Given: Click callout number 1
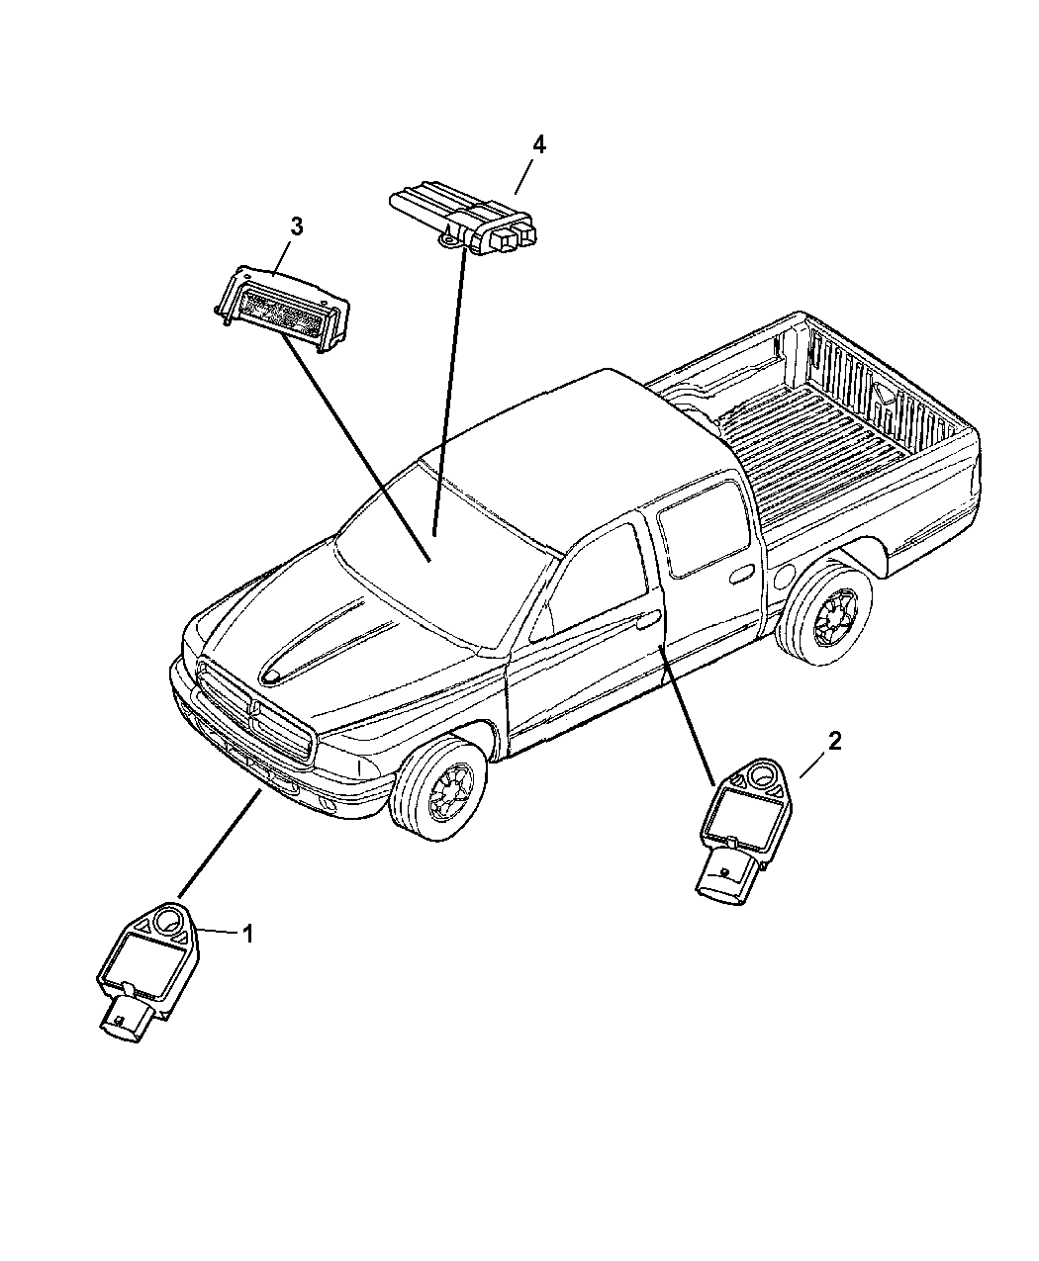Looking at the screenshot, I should tap(248, 933).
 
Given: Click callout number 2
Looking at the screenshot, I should tap(835, 742).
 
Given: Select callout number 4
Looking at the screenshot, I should tap(537, 145).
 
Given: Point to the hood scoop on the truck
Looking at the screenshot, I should tap(317, 648).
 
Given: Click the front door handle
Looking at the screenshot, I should tap(648, 620).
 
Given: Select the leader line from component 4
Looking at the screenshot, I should tap(447, 386).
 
